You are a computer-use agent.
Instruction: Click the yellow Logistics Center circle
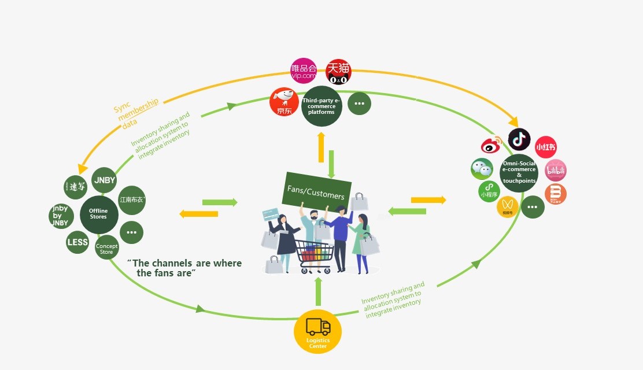(x=317, y=332)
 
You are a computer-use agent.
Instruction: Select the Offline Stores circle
(x=98, y=213)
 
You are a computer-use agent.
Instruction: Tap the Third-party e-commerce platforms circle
(x=321, y=106)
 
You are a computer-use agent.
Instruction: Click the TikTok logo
(x=519, y=139)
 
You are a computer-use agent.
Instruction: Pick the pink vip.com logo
(x=304, y=71)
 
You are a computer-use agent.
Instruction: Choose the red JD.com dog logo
(x=284, y=102)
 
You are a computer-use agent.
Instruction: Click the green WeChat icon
(x=482, y=169)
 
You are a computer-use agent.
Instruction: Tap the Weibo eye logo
(x=492, y=145)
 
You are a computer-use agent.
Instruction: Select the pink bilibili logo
(x=556, y=171)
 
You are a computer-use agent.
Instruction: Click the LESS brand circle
(x=77, y=242)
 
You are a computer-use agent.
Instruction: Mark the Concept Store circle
(x=107, y=247)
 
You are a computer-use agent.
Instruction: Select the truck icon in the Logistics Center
(x=318, y=327)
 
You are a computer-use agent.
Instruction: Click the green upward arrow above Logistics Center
(x=317, y=291)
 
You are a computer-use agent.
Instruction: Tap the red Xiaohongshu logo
(x=545, y=147)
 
